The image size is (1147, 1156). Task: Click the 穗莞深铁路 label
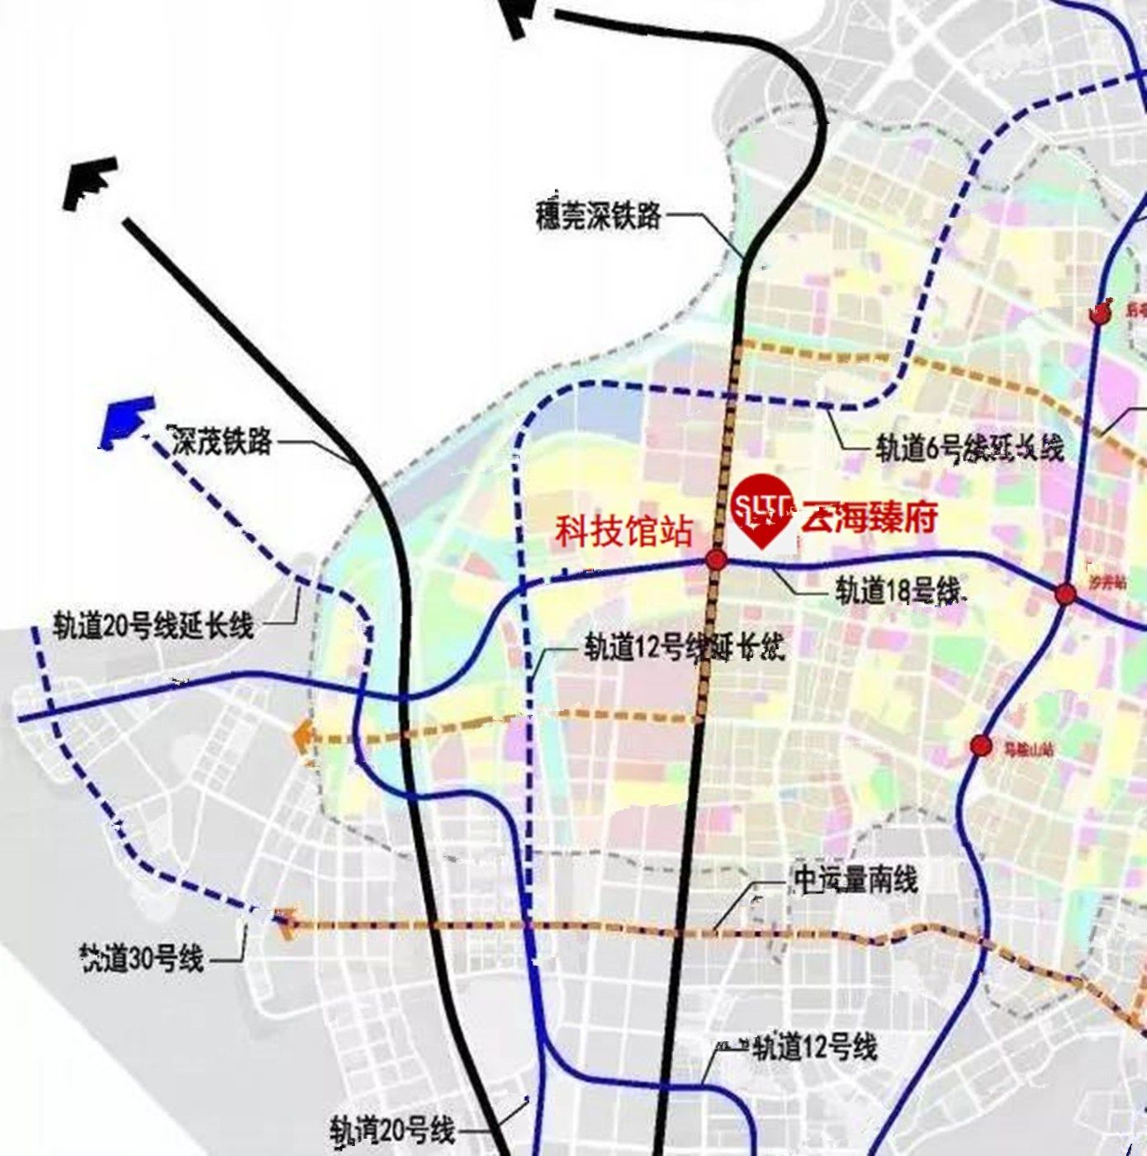pyautogui.click(x=599, y=216)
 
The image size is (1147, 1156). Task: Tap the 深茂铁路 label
pyautogui.click(x=222, y=440)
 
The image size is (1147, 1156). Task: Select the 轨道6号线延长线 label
pyautogui.click(x=969, y=448)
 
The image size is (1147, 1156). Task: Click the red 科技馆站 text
pyautogui.click(x=623, y=531)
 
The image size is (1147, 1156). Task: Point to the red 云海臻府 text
pyautogui.click(x=870, y=518)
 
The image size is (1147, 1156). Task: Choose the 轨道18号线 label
pyautogui.click(x=898, y=590)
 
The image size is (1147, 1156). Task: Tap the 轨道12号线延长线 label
pyautogui.click(x=684, y=647)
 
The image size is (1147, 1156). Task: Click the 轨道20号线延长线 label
pyautogui.click(x=154, y=625)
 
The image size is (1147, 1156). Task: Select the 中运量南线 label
pyautogui.click(x=855, y=879)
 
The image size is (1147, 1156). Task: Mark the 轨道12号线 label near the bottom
pyautogui.click(x=814, y=1047)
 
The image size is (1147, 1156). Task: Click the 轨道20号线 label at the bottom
pyautogui.click(x=393, y=1129)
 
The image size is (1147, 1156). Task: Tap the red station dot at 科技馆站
pyautogui.click(x=716, y=560)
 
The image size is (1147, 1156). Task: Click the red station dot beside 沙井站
pyautogui.click(x=1065, y=594)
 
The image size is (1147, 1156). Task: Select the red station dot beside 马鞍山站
pyautogui.click(x=981, y=746)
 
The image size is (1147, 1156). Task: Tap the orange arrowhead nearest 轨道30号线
pyautogui.click(x=284, y=922)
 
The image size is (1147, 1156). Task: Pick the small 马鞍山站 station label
pyautogui.click(x=1028, y=750)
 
